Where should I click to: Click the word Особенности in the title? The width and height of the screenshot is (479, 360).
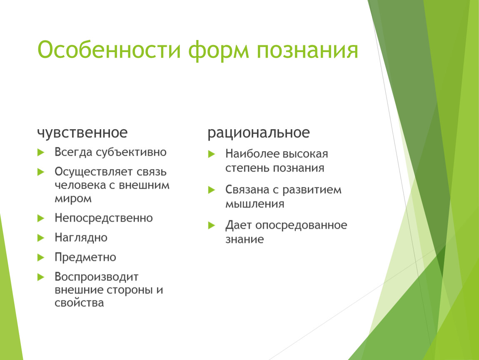click(109, 50)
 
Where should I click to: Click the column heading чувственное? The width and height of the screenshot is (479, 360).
click(82, 133)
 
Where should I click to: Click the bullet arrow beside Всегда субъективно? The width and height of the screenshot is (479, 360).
click(41, 152)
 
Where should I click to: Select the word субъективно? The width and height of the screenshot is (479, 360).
click(131, 152)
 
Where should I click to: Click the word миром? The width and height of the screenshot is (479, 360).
click(73, 199)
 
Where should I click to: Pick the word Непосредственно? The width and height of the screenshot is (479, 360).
click(104, 218)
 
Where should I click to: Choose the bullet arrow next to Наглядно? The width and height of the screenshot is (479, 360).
click(41, 238)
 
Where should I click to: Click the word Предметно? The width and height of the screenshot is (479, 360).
click(85, 257)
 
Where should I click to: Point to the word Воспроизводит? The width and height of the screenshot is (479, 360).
click(97, 277)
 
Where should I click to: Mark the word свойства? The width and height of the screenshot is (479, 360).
click(80, 303)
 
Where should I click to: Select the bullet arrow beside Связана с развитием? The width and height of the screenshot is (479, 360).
click(212, 190)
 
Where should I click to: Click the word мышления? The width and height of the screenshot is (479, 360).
click(255, 204)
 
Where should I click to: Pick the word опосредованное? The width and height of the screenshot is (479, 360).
click(301, 225)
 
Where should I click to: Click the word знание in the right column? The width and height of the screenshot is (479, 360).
click(244, 239)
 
